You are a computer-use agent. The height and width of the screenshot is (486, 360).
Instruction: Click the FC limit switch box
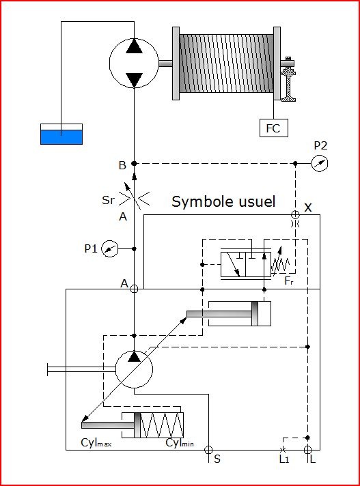point(273,128)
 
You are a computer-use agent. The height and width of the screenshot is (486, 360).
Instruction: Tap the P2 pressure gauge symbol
point(320,163)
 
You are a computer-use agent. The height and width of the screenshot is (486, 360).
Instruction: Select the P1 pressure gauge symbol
point(110,248)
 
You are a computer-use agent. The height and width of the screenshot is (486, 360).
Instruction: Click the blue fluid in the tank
point(61,137)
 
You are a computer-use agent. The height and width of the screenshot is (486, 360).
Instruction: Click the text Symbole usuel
point(223,202)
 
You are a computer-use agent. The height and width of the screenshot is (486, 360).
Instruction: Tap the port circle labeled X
point(295,214)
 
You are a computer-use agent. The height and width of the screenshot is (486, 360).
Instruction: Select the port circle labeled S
point(208,450)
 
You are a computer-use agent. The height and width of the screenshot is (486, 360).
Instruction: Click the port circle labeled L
point(307,450)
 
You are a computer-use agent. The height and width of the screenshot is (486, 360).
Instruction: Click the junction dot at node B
point(134,163)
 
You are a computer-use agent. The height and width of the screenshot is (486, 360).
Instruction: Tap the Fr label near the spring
point(289,281)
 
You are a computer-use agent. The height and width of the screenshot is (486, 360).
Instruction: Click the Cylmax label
point(96,442)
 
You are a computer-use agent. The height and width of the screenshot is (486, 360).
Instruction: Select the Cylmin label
point(180,442)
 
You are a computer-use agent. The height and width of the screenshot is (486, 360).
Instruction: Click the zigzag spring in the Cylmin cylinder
point(161,425)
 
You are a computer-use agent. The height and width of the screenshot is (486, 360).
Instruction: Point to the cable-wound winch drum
point(226,63)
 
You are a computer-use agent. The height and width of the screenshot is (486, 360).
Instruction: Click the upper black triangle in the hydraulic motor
point(134,46)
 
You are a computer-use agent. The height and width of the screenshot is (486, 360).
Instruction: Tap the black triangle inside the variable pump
point(134,357)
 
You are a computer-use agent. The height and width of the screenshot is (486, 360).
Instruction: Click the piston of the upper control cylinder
point(255,313)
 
